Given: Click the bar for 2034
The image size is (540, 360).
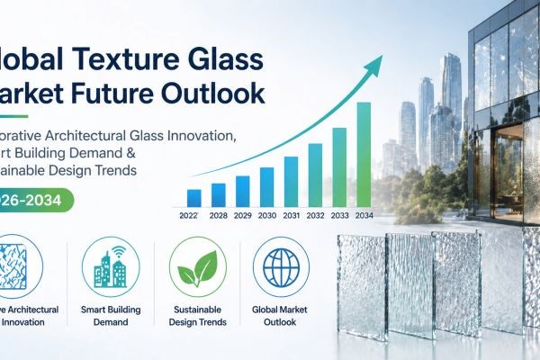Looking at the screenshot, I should pos(364,154).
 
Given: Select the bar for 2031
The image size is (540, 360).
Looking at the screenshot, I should pos(291,182).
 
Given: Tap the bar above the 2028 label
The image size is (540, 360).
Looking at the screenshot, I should pos(218,194).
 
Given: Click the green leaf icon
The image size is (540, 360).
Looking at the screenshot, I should pos(198,268).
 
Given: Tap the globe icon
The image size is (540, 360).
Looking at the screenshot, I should pos(281,268).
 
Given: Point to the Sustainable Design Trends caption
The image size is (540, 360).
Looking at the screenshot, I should pos(198,316).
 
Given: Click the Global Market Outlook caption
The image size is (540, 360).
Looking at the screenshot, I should pos(281,316).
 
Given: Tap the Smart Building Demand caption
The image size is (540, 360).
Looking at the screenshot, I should pos(111,316).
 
